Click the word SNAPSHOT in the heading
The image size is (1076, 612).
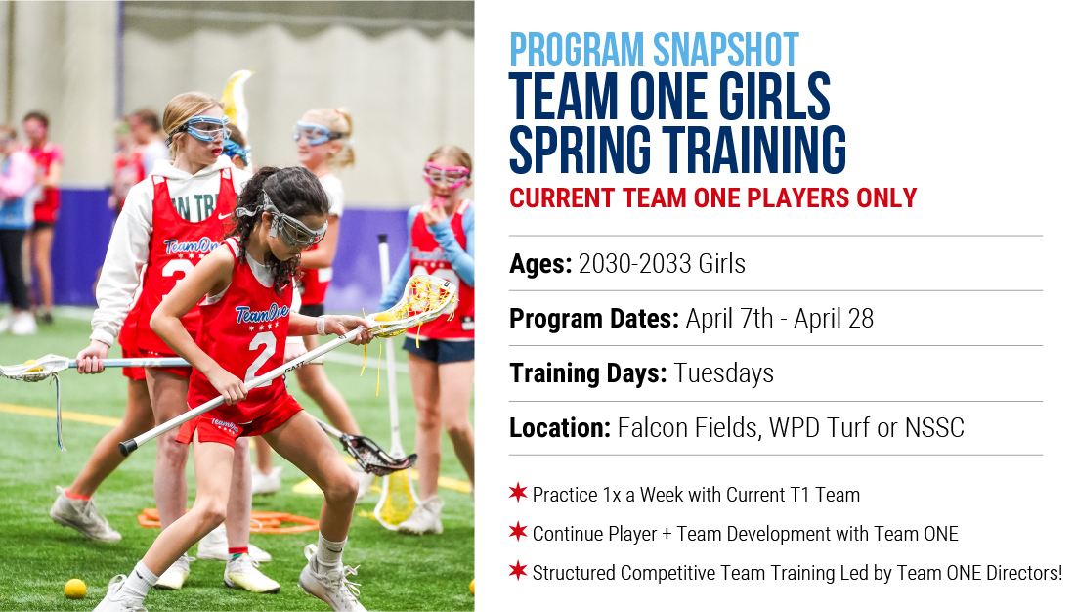pos(725,50)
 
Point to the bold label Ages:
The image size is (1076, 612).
pos(540,264)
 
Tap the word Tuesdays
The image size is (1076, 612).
pos(723,373)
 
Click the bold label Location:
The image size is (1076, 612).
pos(560,428)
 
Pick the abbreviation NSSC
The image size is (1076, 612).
pos(934,428)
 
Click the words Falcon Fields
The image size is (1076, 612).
pos(688,428)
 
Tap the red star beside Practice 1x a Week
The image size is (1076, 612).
pos(518,492)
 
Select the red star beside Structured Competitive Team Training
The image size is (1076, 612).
pos(518,570)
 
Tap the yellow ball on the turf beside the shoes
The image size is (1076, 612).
pos(75,589)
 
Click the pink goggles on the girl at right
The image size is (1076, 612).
pos(446,174)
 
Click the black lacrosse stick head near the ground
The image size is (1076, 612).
pos(376,454)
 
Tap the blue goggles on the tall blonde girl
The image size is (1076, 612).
pos(203,129)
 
